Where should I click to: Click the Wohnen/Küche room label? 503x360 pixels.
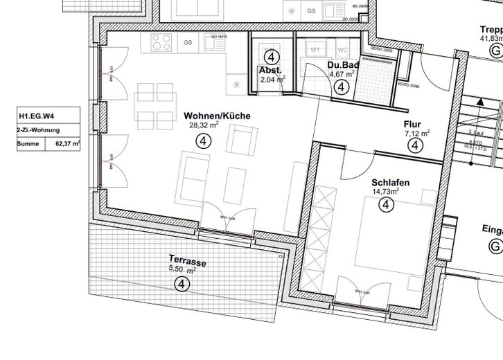[x=217, y=116]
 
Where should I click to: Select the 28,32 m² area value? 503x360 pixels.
[x=204, y=126]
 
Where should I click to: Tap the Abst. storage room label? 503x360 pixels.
[x=270, y=70]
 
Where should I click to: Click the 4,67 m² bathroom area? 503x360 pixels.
[x=342, y=74]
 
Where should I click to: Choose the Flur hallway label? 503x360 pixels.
[x=412, y=124]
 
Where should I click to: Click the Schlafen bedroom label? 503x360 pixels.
[x=390, y=182]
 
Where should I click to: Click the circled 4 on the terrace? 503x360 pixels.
[x=182, y=283]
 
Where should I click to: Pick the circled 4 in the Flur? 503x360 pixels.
[x=414, y=146]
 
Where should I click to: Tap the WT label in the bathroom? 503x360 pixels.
[x=315, y=50]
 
